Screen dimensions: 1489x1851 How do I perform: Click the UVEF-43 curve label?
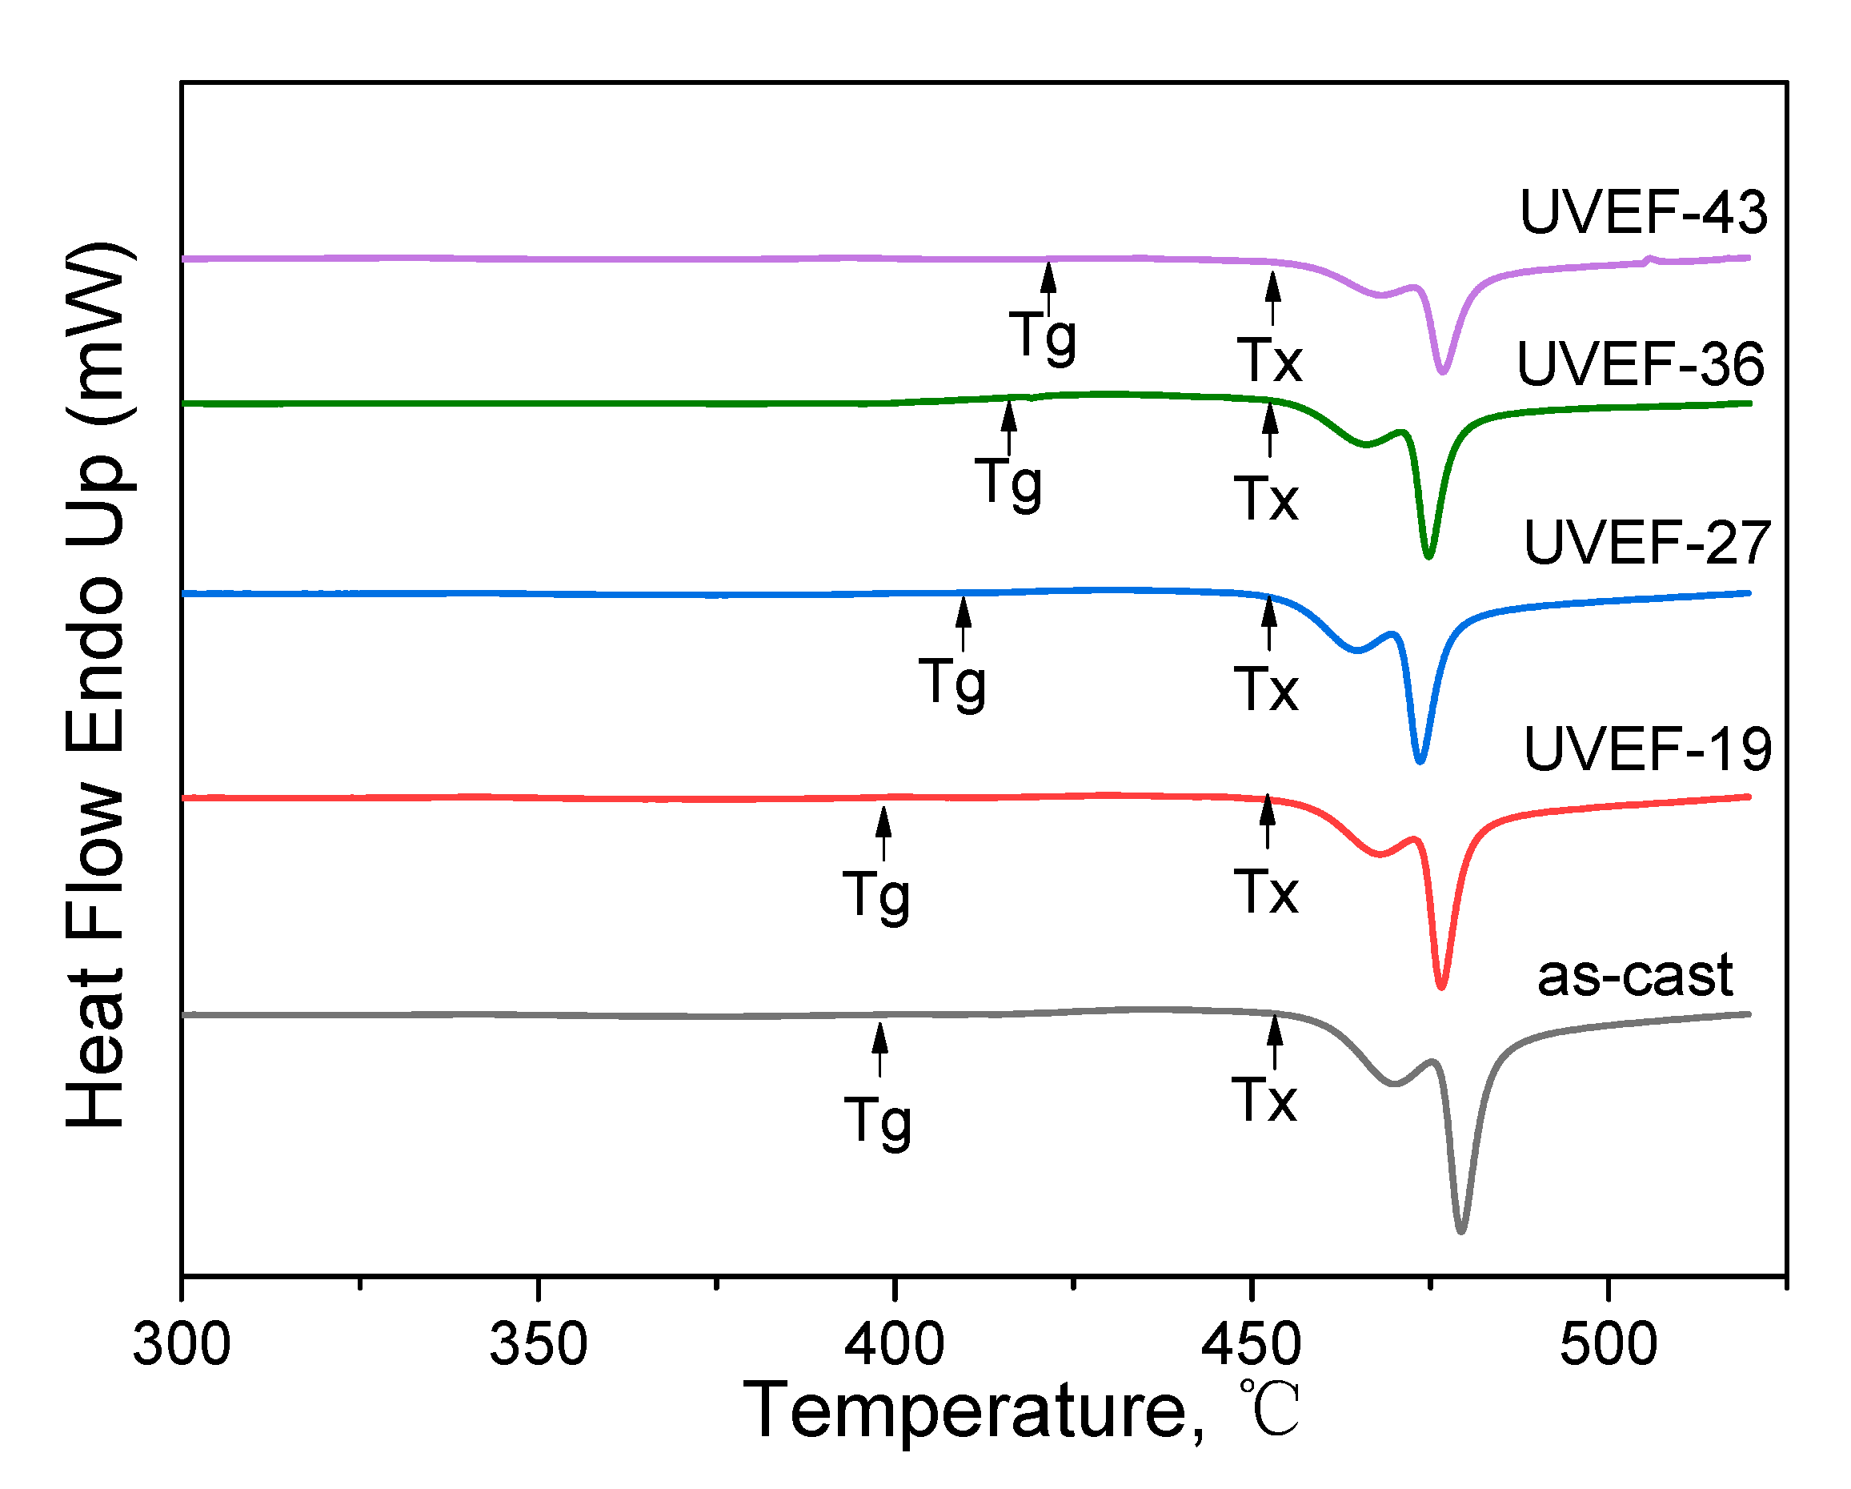(1642, 212)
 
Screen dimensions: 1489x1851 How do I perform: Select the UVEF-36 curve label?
(1640, 364)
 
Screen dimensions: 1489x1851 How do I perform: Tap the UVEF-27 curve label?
(1647, 543)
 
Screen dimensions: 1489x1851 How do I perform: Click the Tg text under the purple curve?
(1042, 335)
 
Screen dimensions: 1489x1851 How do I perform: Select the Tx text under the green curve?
(1266, 499)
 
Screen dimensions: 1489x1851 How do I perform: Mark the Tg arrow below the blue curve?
(964, 623)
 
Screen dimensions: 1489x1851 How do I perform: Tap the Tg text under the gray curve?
(877, 1121)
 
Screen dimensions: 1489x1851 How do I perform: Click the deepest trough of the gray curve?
(1461, 1230)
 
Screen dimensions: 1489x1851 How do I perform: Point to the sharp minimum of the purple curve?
(1443, 371)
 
